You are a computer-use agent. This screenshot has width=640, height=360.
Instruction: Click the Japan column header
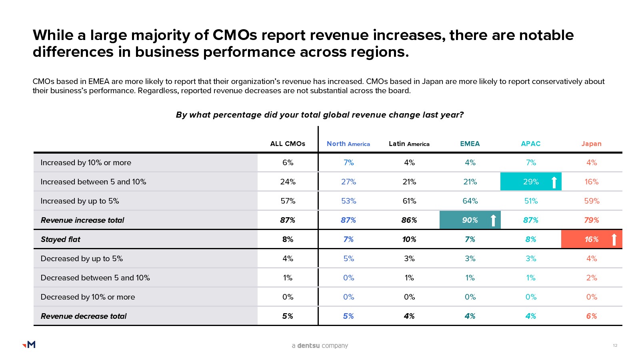coord(591,144)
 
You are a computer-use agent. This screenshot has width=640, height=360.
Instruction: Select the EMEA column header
coord(470,144)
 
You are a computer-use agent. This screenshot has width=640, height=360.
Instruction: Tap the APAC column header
coord(530,144)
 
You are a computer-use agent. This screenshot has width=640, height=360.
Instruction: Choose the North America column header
coord(348,144)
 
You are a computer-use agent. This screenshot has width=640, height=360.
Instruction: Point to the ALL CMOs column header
coord(288,144)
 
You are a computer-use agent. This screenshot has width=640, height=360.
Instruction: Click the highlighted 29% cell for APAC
coord(531,182)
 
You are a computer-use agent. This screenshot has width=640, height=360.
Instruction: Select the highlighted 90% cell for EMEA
coord(470,220)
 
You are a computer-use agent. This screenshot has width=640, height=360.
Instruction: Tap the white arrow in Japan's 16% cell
coord(614,239)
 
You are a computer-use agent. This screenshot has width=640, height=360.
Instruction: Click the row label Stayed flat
coord(60,239)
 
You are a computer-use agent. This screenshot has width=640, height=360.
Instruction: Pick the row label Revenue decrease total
coord(84,316)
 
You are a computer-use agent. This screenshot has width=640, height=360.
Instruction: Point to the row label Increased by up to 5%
coord(80,201)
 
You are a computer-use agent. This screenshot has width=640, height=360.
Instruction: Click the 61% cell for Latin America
coord(409,201)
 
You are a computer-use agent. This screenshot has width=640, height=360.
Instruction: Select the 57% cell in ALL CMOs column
coord(288,201)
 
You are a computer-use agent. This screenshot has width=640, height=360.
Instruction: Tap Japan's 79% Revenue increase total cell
coord(591,220)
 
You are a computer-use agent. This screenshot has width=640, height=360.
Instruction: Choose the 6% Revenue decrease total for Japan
coord(591,316)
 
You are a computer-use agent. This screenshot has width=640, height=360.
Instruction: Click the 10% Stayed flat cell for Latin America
coord(409,239)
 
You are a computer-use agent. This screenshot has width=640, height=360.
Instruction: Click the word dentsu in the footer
coord(308,346)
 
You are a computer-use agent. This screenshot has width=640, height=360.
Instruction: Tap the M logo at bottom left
coord(29,344)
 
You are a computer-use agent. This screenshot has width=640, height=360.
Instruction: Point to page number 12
coord(615,345)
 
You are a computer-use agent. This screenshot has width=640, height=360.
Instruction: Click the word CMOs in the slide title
coord(235,35)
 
